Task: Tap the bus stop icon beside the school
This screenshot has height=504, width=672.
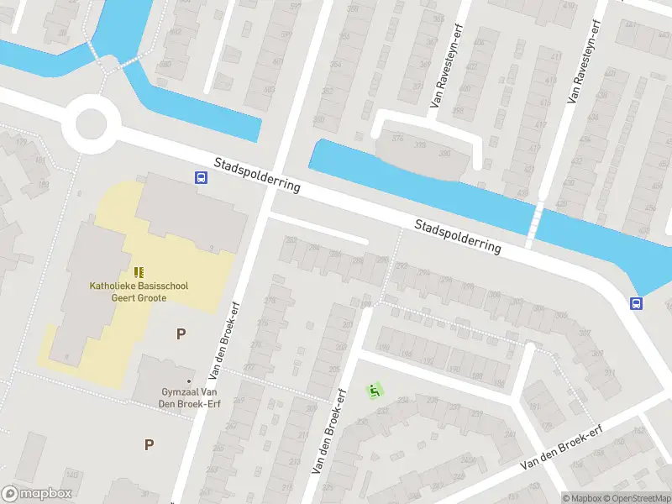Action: pyautogui.click(x=202, y=177)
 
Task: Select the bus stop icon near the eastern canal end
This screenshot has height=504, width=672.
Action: pyautogui.click(x=637, y=304)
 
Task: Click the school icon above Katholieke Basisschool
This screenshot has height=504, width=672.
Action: pyautogui.click(x=139, y=272)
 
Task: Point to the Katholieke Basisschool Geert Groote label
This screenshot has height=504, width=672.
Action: pyautogui.click(x=139, y=291)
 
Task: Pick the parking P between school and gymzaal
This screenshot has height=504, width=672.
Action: pyautogui.click(x=181, y=333)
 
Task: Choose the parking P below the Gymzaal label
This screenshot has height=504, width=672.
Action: pyautogui.click(x=150, y=444)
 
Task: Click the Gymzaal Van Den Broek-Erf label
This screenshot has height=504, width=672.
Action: pyautogui.click(x=191, y=397)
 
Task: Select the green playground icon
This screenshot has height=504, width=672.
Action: pyautogui.click(x=375, y=391)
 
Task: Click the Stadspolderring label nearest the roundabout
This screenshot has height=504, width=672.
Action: pyautogui.click(x=256, y=175)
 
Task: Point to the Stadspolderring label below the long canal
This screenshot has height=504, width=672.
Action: pyautogui.click(x=458, y=236)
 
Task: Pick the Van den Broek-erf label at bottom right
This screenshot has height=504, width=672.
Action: pyautogui.click(x=561, y=448)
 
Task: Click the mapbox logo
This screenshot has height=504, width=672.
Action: pyautogui.click(x=38, y=494)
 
